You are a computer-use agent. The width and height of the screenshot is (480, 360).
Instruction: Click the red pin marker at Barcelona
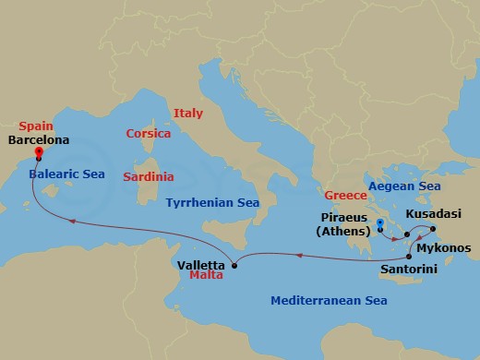point(38,154)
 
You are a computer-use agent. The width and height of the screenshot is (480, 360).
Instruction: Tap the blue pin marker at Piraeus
point(379,224)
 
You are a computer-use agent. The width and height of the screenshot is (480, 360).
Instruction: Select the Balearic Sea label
point(66,174)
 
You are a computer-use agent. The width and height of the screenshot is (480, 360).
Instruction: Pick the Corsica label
point(149,133)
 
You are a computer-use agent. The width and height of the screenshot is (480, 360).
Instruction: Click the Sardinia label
point(150,175)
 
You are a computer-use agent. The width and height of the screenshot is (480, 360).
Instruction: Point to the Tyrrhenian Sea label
point(212,201)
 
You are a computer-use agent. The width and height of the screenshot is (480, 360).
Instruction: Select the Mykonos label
point(444,248)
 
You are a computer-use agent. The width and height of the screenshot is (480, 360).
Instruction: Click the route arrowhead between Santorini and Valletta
point(302,246)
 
